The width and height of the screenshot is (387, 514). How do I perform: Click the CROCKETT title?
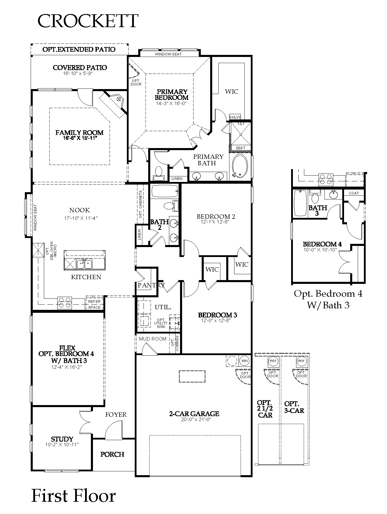click(x=88, y=21)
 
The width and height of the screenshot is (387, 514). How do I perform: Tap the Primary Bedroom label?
click(x=172, y=95)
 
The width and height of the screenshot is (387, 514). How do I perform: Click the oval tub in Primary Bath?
click(x=240, y=166)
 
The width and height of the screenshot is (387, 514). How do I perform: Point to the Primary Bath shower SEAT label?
click(x=241, y=148)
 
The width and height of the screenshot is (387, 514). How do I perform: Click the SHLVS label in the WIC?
click(x=235, y=117)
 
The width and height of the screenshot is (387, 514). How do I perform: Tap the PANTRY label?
click(x=151, y=285)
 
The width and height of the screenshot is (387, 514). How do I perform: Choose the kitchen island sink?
click(x=84, y=264)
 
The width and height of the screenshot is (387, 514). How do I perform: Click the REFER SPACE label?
click(x=94, y=304)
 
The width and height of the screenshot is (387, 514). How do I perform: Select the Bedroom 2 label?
click(x=216, y=216)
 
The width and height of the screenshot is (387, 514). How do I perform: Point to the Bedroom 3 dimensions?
click(x=216, y=320)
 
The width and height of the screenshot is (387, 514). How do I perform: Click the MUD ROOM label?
click(x=153, y=339)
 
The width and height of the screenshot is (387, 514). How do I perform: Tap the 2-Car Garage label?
click(x=194, y=414)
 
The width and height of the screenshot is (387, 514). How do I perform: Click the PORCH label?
click(x=113, y=454)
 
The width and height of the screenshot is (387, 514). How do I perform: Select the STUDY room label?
click(x=62, y=439)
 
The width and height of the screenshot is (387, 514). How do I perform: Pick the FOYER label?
click(x=116, y=415)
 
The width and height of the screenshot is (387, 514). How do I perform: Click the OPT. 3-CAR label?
click(x=294, y=407)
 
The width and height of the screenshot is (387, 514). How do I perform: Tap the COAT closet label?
click(x=354, y=193)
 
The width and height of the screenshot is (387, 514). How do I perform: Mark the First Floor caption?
click(x=73, y=496)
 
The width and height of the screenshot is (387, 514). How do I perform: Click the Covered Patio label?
click(x=80, y=68)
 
